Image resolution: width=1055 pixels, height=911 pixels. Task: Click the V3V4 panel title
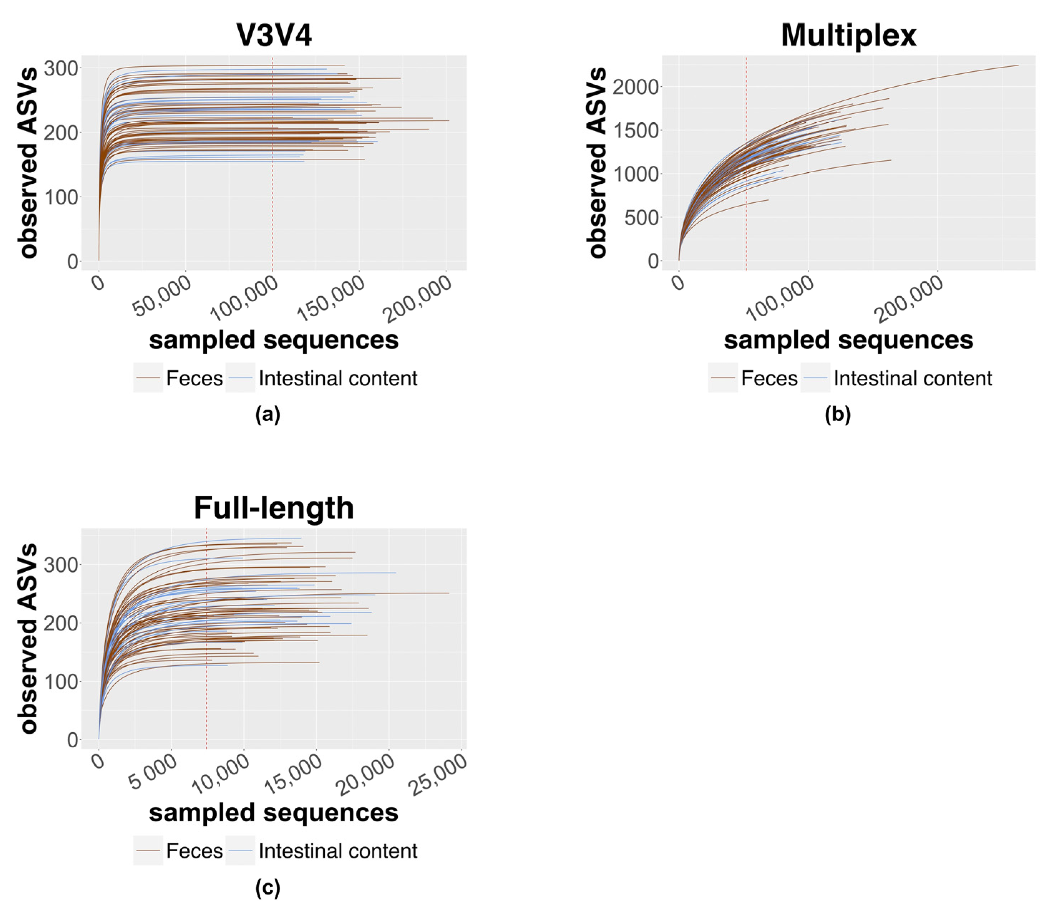coord(274,36)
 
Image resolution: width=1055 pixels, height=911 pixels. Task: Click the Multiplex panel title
coord(848,36)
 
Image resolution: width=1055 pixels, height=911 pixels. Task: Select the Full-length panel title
coord(274,508)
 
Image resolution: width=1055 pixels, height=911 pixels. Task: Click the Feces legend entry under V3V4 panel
coord(194,378)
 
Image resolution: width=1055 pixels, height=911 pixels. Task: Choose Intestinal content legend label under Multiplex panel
coord(912,378)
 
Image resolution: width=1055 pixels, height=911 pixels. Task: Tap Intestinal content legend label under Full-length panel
coord(338,851)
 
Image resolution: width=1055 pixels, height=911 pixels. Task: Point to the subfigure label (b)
coord(838,415)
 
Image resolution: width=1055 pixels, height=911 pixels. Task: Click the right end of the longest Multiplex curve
coord(1018,65)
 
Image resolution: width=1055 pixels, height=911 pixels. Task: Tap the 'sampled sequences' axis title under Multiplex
coord(848,340)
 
